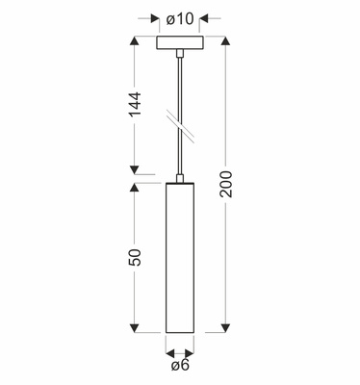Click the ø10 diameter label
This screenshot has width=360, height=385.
[x=180, y=19]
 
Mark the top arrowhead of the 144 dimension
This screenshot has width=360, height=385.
[x=135, y=41]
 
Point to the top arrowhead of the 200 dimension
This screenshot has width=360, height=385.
[x=226, y=41]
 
